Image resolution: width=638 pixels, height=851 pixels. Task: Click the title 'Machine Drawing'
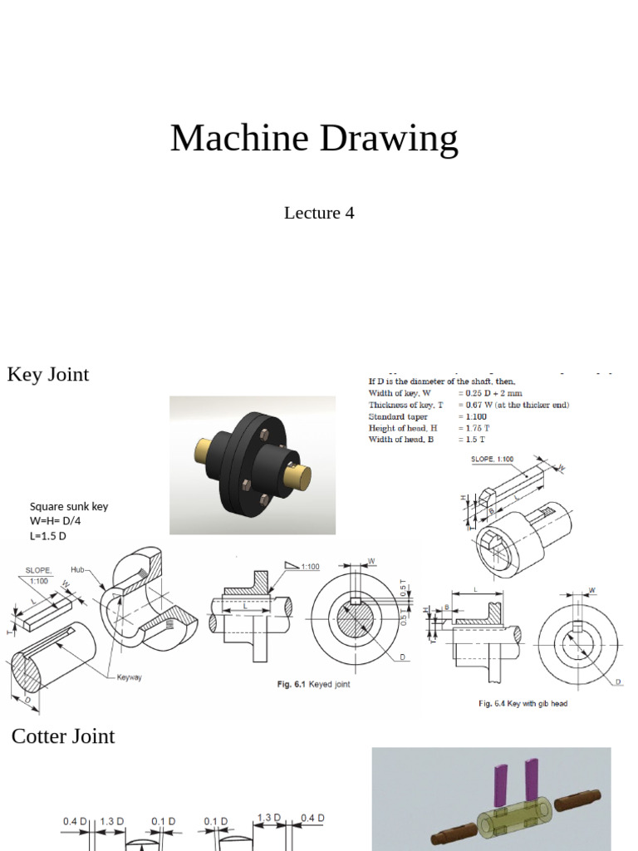(x=314, y=139)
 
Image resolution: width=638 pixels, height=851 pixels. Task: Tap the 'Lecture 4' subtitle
(x=319, y=213)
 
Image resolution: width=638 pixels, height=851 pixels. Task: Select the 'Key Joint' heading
(x=48, y=374)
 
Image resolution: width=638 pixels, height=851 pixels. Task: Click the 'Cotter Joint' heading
(x=63, y=736)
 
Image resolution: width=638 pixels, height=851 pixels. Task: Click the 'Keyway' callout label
(x=129, y=677)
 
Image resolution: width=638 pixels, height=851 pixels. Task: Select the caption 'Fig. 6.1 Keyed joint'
(x=313, y=685)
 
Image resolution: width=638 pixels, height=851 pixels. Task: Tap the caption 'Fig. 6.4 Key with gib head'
(x=523, y=704)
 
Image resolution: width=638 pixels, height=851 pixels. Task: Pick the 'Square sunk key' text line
(x=69, y=506)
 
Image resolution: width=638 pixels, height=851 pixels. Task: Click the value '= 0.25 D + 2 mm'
(x=490, y=392)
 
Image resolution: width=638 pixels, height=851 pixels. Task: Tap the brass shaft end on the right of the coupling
(x=297, y=476)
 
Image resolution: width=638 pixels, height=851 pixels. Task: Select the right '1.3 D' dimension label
(x=268, y=819)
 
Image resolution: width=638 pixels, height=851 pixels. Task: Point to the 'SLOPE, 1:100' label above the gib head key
(x=493, y=459)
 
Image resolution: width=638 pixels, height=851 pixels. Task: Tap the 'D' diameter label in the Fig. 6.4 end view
(x=617, y=681)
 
